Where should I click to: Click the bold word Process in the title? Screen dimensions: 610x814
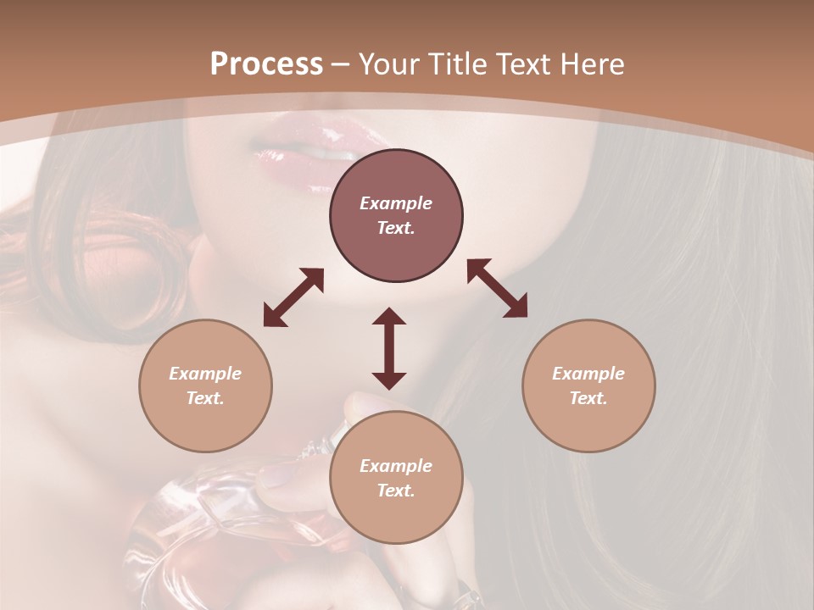point(266,64)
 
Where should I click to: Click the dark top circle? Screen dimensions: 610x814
point(396,216)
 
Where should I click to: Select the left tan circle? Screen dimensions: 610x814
point(205,385)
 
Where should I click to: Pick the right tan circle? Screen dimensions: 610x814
point(588,385)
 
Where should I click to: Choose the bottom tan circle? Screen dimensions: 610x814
point(396,478)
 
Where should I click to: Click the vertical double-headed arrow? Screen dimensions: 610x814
point(389,348)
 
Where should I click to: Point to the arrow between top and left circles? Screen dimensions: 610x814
point(293,297)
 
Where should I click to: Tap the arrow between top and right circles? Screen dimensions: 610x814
point(497,288)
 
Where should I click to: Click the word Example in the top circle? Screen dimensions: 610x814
point(396,203)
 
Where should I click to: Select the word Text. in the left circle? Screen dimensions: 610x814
point(205,398)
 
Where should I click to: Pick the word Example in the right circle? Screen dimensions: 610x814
point(588,374)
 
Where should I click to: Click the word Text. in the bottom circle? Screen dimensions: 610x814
point(396,491)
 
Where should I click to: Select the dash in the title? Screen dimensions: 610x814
point(341,64)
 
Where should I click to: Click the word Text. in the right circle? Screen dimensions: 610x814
point(588,398)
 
